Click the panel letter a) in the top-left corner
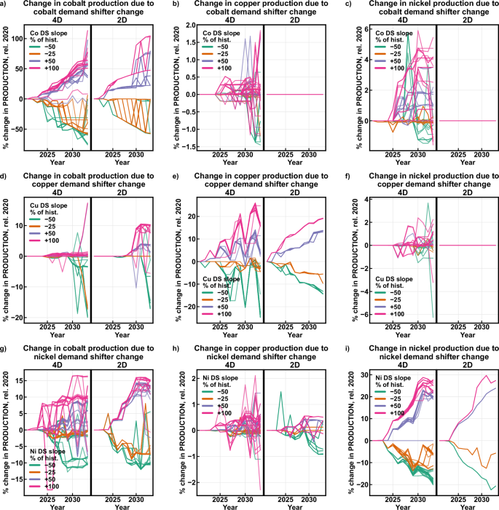pos(4,4)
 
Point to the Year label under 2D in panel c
pos(465,165)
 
